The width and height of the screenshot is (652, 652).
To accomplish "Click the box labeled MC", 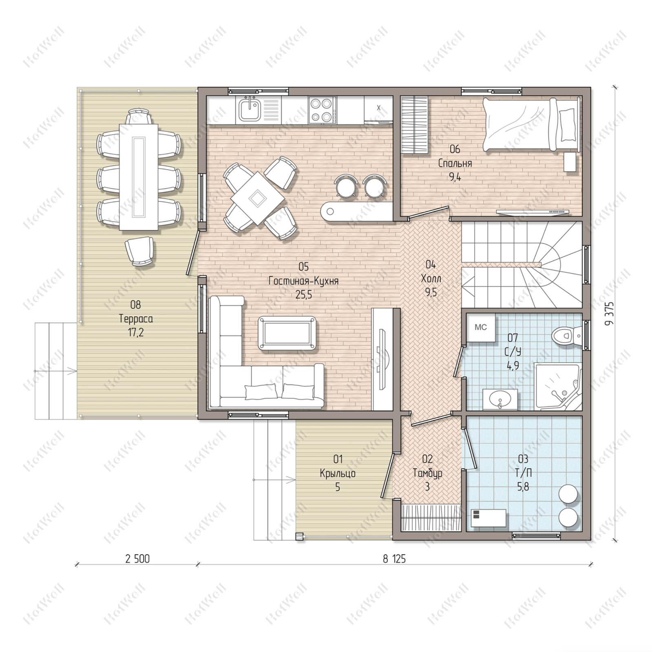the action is point(481,327).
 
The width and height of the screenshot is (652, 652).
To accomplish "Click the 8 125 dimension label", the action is point(394,559).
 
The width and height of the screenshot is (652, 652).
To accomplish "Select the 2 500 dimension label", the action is point(137,559).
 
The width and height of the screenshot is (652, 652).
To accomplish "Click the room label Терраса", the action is point(136,319).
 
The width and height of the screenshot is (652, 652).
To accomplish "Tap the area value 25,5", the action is point(304,295).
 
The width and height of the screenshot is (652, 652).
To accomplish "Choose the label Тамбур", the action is point(427,474).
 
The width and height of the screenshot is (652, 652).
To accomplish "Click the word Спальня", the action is point(455,163).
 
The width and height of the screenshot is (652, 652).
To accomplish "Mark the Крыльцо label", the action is point(338,474).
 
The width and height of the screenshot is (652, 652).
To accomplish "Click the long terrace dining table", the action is point(139,177).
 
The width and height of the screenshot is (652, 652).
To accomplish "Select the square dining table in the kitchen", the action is point(258,198).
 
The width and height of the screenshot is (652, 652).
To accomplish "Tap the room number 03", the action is point(523,459).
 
